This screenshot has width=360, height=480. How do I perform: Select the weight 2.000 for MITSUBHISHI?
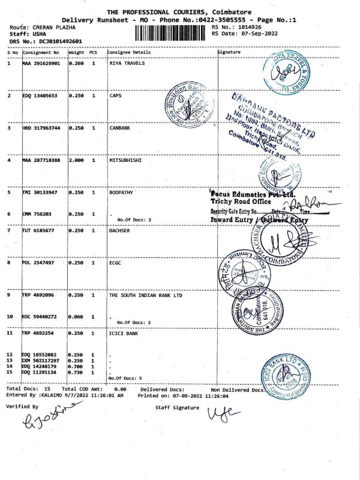coord(76,160)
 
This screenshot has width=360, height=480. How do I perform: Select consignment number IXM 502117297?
coord(41,360)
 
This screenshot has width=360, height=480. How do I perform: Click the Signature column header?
coord(229,52)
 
